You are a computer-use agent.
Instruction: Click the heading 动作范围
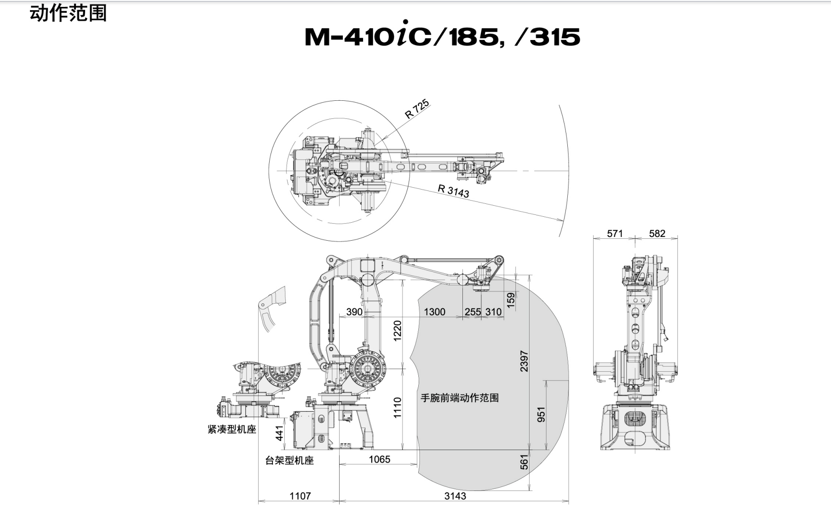pos(68,13)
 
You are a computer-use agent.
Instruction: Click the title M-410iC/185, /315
pos(442,35)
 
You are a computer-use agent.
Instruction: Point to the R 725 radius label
pos(417,109)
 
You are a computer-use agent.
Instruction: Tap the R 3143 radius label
pos(454,190)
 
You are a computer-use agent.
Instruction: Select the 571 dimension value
pos(615,233)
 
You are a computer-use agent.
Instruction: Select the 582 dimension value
pos(657,233)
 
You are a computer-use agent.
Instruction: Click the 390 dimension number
pos(354,312)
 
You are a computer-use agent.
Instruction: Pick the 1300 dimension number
pos(434,312)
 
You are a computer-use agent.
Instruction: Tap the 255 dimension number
pos(473,312)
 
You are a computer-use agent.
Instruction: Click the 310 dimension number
pos(493,312)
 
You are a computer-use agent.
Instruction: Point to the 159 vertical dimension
pos(511,300)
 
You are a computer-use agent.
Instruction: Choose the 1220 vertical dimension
pos(398,330)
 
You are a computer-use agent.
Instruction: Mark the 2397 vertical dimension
pos(524,361)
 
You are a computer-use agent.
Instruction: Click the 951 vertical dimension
pos(541,415)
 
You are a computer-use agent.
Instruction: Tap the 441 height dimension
pos(279,433)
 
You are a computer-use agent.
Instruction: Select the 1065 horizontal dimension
pos(380,459)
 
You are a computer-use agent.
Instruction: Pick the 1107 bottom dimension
pos(300,496)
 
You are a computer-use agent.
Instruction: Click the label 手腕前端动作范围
pos(460,398)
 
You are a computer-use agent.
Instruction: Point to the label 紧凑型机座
pos(232,429)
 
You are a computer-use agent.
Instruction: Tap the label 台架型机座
pos(289,460)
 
